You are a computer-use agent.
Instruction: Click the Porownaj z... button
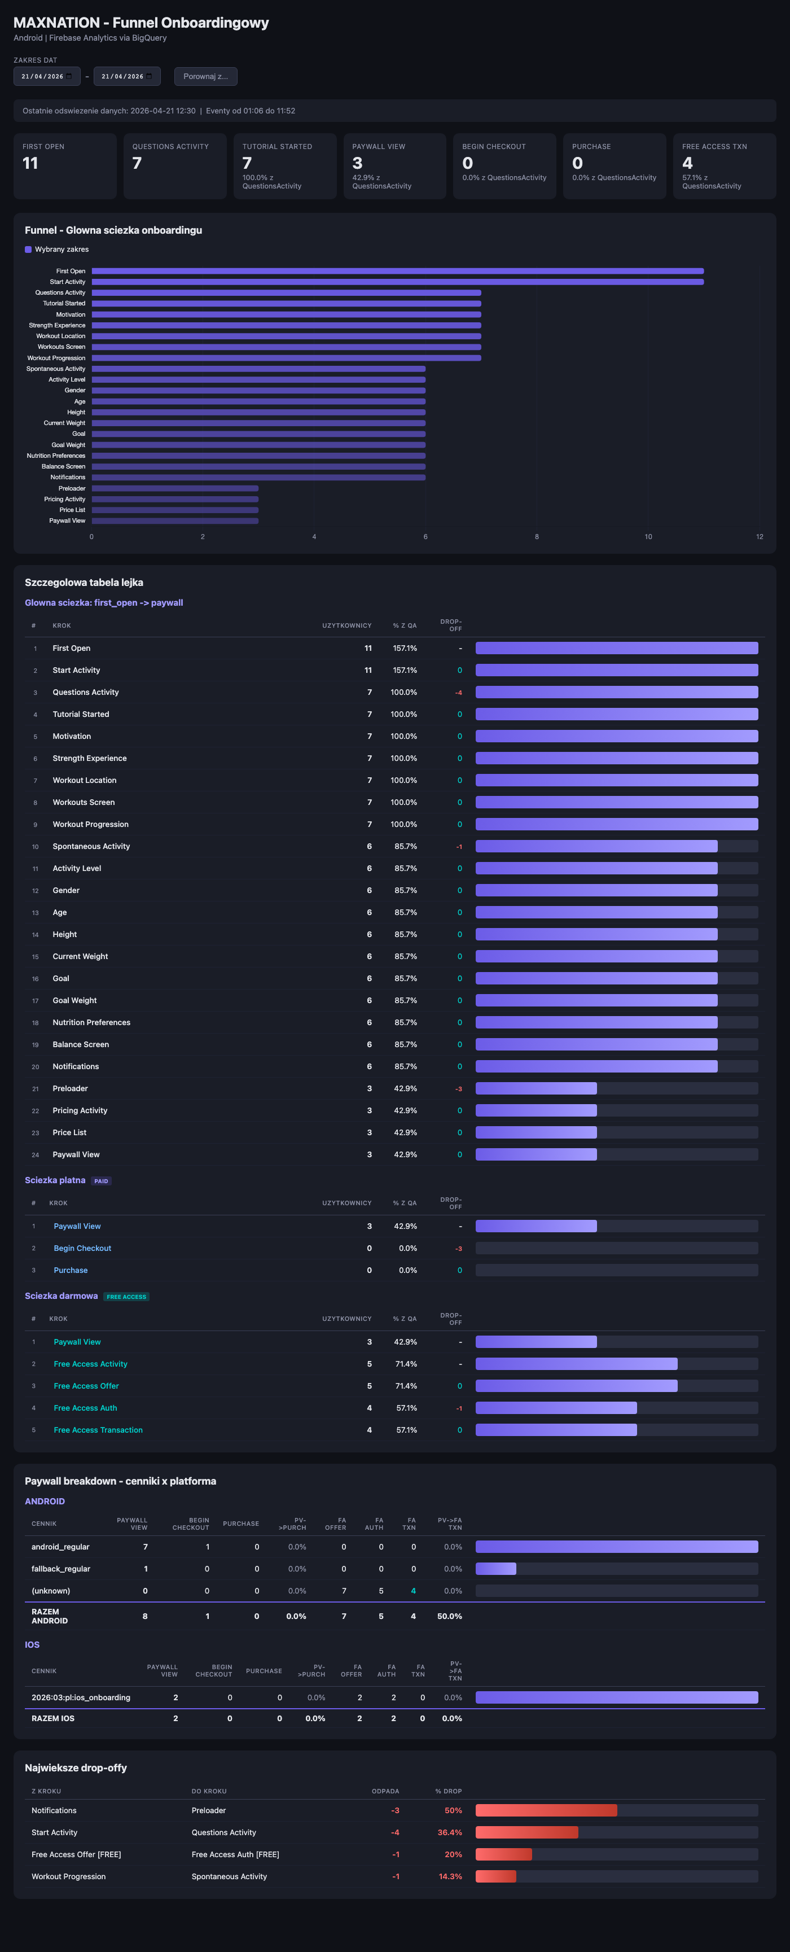[205, 77]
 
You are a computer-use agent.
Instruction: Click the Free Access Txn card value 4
[687, 163]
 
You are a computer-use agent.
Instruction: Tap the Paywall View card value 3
[358, 163]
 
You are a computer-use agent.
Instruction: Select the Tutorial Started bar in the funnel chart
[286, 303]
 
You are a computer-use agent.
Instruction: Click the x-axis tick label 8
[537, 536]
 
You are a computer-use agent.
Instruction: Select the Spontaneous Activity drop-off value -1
[459, 846]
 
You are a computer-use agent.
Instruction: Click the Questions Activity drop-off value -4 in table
[458, 693]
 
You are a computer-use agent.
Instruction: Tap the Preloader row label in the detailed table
[71, 1088]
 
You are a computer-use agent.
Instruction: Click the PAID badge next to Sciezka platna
[102, 1180]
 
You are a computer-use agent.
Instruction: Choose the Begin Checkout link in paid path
[82, 1248]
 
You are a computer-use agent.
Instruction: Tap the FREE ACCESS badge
[126, 1297]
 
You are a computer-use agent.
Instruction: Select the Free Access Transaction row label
[98, 1430]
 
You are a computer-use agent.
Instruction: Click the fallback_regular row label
[60, 1569]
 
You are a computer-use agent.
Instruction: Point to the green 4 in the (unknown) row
[413, 1591]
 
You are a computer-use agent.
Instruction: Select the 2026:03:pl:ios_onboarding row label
[81, 1697]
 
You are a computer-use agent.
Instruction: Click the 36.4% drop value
[450, 1832]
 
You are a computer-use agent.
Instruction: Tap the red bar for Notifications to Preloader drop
[546, 1810]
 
